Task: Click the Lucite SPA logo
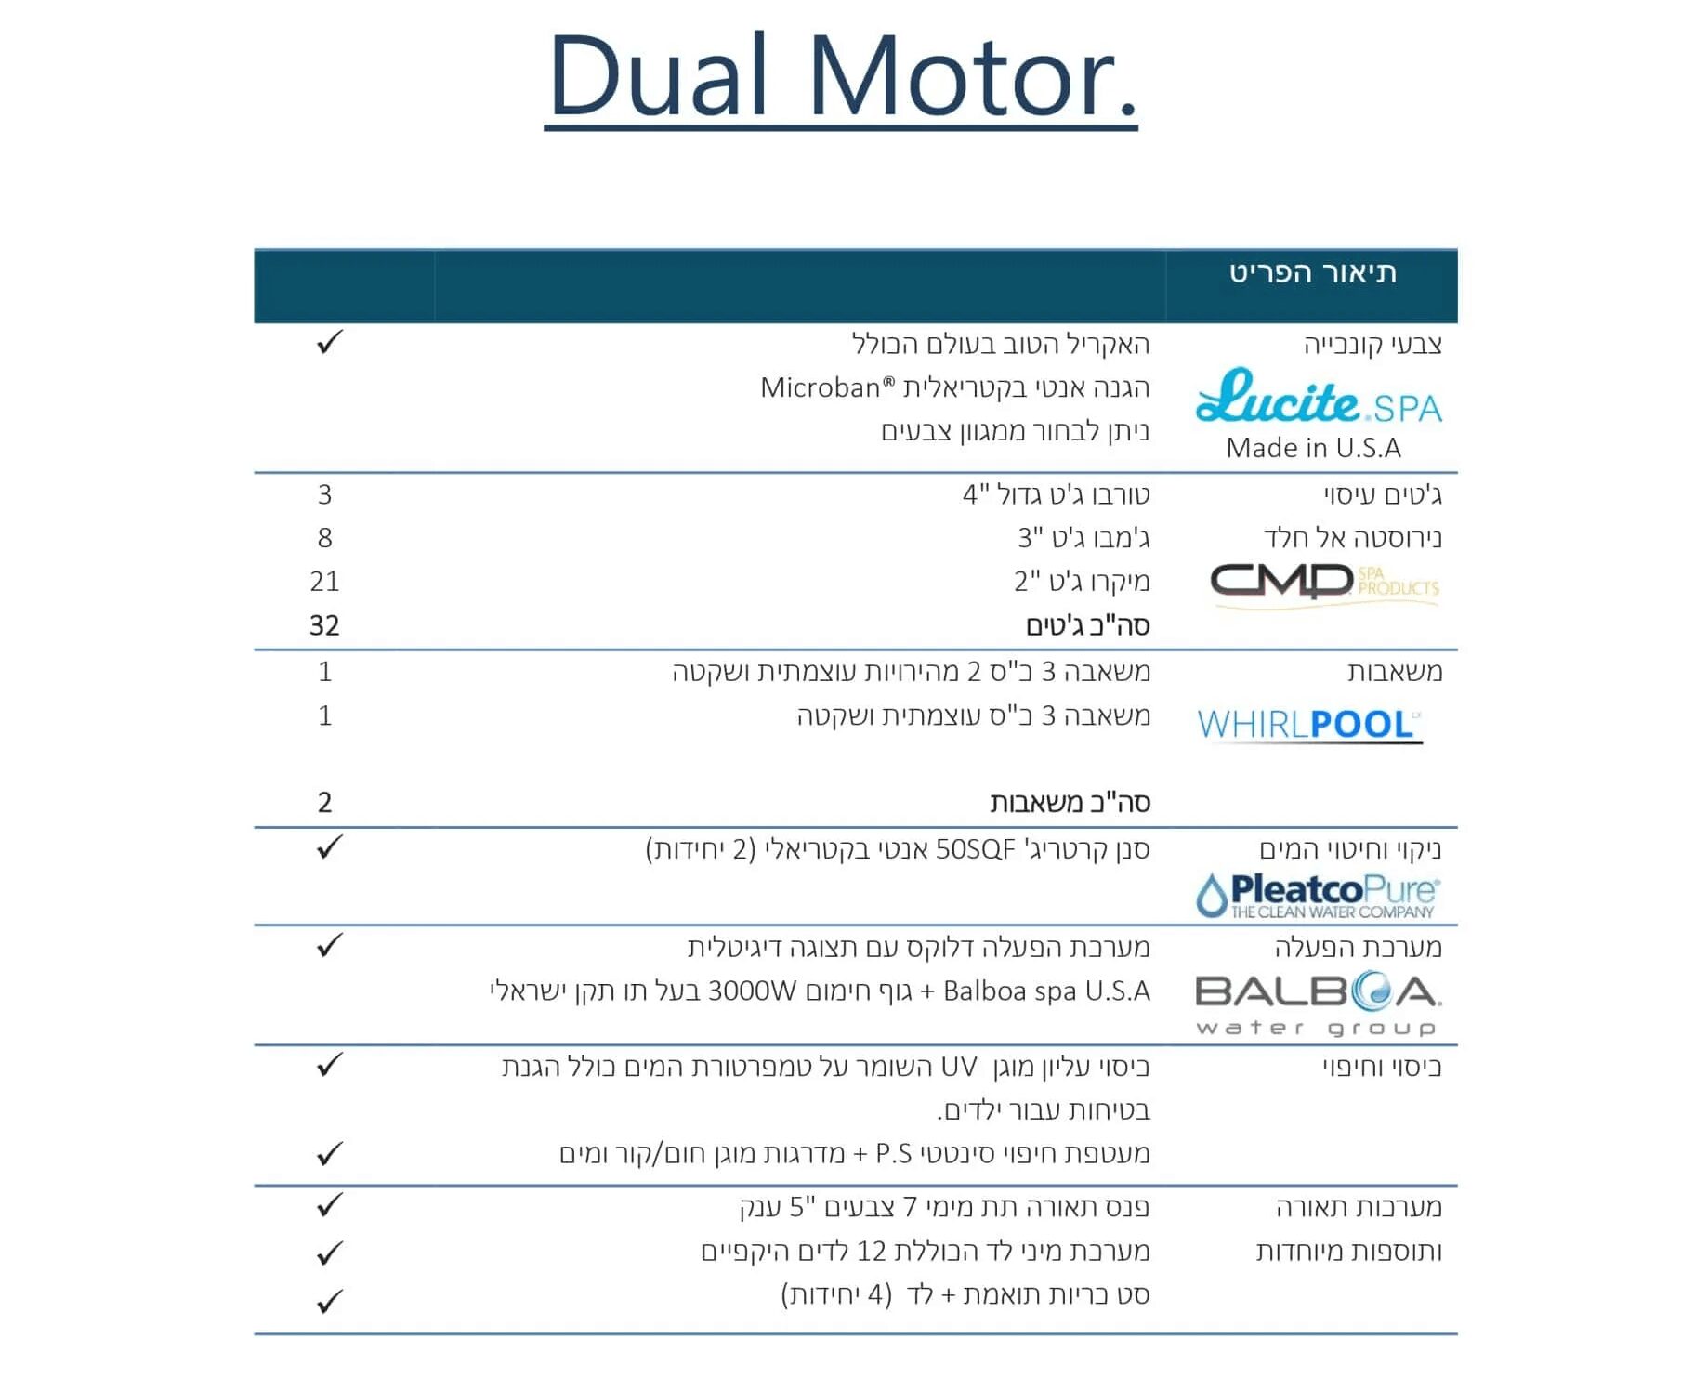(x=1319, y=397)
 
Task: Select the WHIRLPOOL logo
(x=1309, y=725)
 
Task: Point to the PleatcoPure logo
(x=1318, y=896)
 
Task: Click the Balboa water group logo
(x=1319, y=1004)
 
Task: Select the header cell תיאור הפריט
(x=1312, y=273)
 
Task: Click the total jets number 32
(x=324, y=625)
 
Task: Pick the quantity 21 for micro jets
(x=324, y=582)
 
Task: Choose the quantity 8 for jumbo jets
(x=324, y=538)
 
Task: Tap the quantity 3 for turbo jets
(x=324, y=494)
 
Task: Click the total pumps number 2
(x=324, y=802)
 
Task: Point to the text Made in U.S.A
(x=1313, y=448)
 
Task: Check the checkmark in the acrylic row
(x=330, y=342)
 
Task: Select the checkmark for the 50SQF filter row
(x=330, y=846)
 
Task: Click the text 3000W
(x=752, y=991)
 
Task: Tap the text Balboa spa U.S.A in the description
(x=1046, y=991)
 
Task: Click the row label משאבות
(x=1395, y=672)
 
